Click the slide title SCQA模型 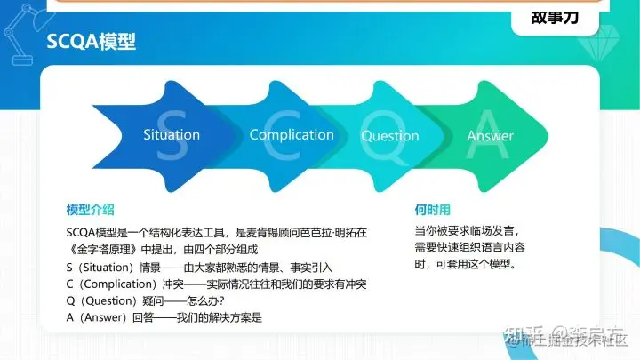(x=91, y=42)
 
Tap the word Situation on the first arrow (x=172, y=135)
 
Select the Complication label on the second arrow (x=292, y=135)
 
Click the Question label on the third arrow (x=389, y=136)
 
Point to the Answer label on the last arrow (x=490, y=136)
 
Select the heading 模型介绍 (x=90, y=210)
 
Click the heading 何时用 (x=432, y=210)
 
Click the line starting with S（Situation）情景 (x=184, y=267)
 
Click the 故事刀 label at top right (x=556, y=18)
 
